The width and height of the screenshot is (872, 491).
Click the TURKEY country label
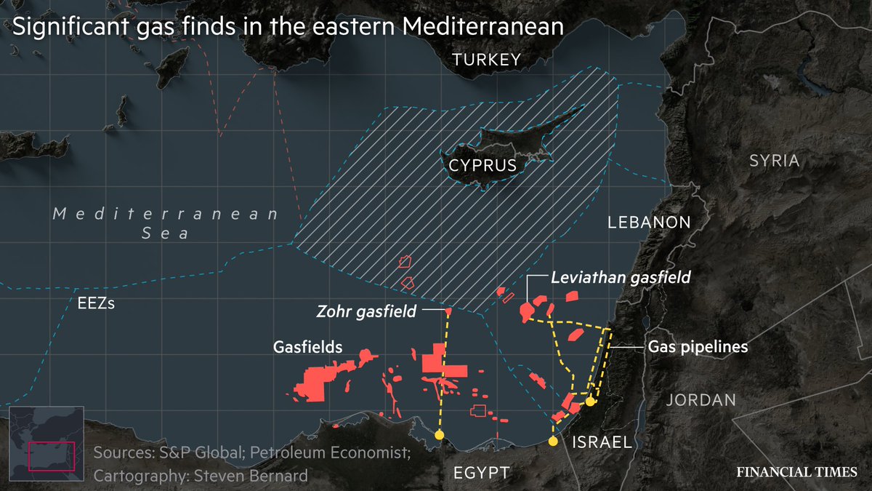(x=486, y=60)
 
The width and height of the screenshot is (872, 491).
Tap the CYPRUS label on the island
(x=483, y=166)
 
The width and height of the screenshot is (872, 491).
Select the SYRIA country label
(x=774, y=160)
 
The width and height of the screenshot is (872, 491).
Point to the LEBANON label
(x=649, y=223)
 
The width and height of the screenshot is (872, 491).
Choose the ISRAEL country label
(x=602, y=442)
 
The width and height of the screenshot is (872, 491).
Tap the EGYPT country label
(x=481, y=473)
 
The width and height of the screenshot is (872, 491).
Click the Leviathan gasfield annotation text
(x=620, y=277)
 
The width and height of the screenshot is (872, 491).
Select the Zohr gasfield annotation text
(x=366, y=311)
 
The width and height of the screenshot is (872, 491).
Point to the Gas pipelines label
(x=698, y=347)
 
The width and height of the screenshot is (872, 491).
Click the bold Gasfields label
(x=308, y=347)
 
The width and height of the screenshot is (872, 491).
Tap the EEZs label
(x=96, y=303)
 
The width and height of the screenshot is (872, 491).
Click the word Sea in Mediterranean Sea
(x=166, y=233)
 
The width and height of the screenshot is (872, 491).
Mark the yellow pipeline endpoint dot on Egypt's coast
(x=439, y=435)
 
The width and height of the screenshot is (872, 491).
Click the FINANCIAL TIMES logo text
(x=797, y=471)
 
